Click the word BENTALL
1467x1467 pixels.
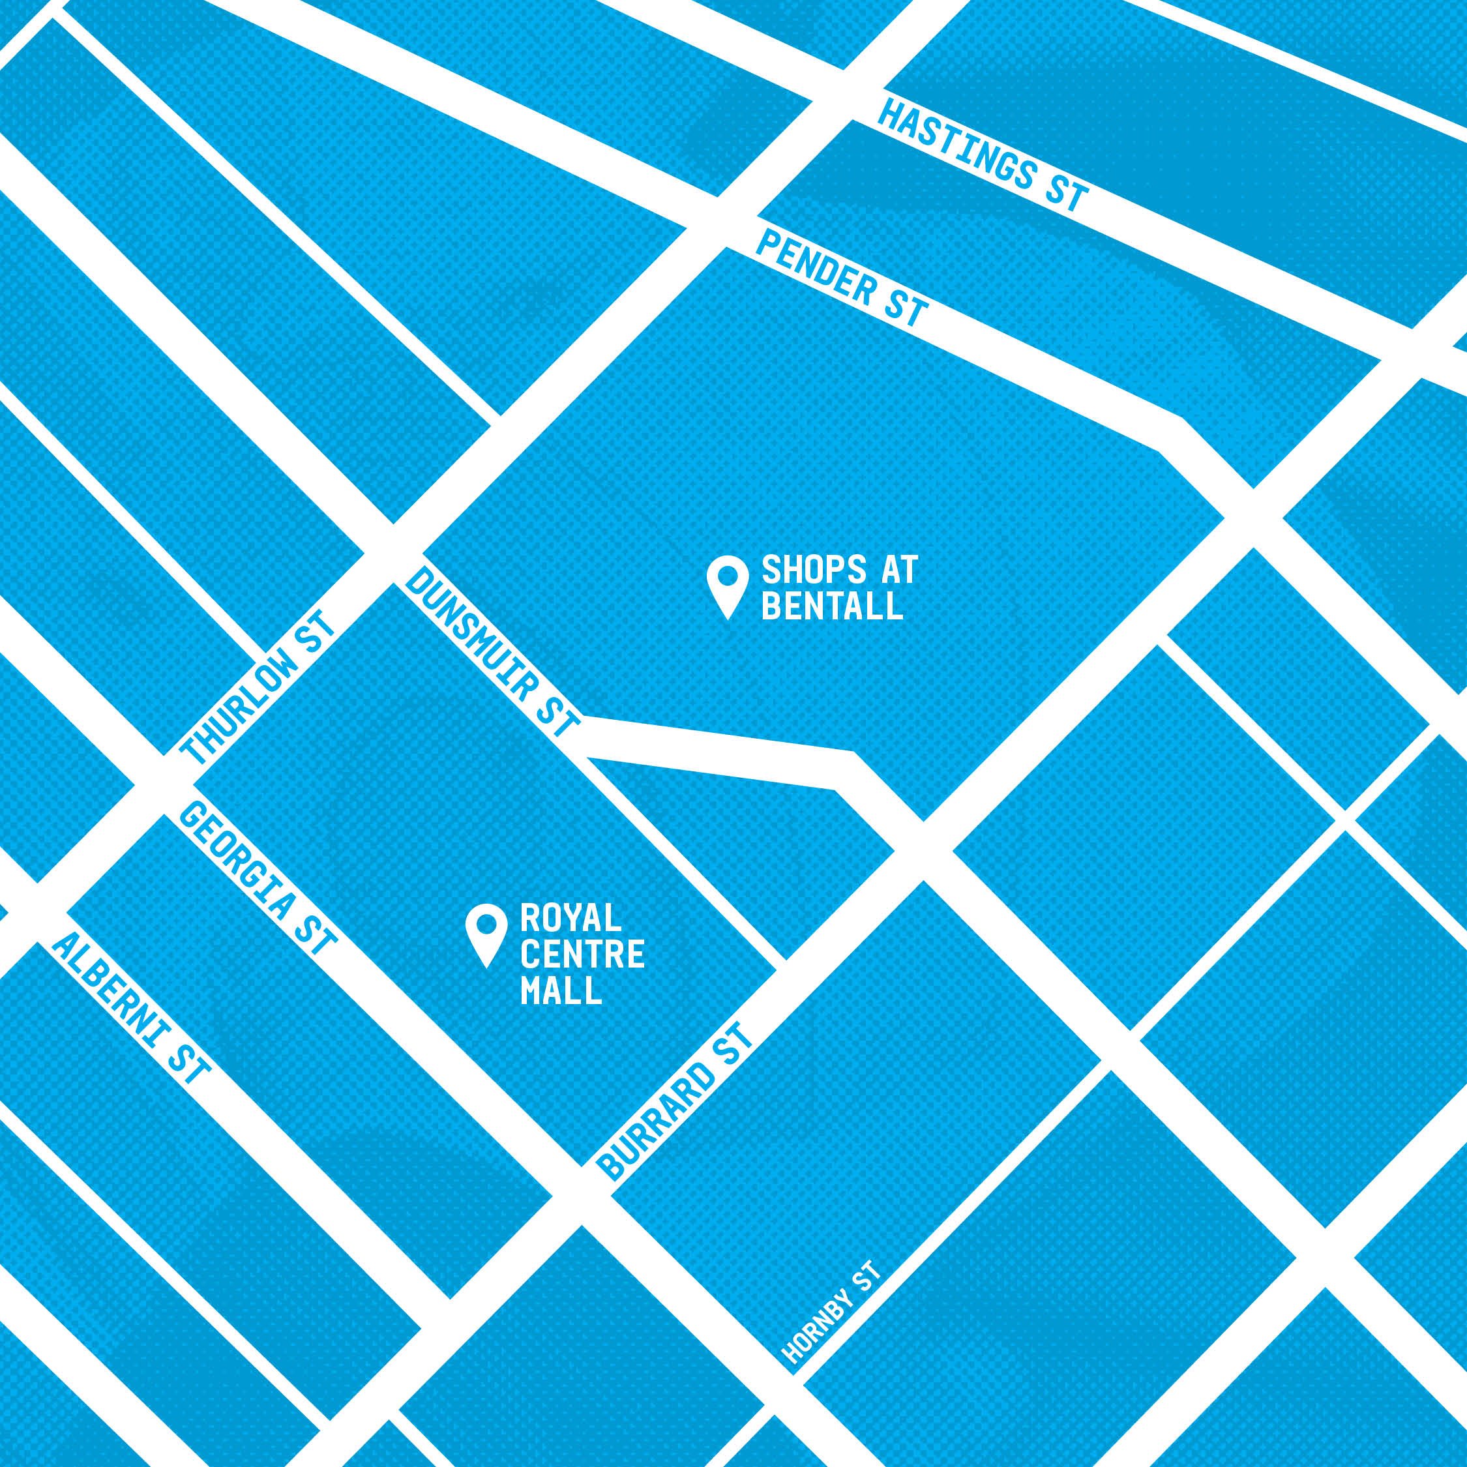832,608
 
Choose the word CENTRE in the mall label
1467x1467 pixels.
582,956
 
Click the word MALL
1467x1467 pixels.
560,991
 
